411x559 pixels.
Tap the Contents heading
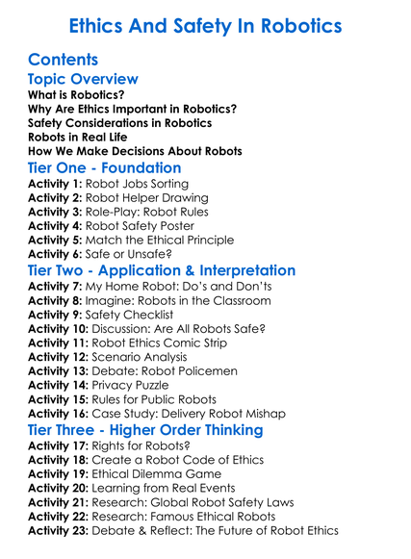(64, 60)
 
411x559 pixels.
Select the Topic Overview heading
(83, 80)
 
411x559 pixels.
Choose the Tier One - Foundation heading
(104, 168)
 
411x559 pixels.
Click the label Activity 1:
(55, 184)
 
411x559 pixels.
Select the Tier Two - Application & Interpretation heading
(161, 271)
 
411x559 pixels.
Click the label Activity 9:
(55, 314)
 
